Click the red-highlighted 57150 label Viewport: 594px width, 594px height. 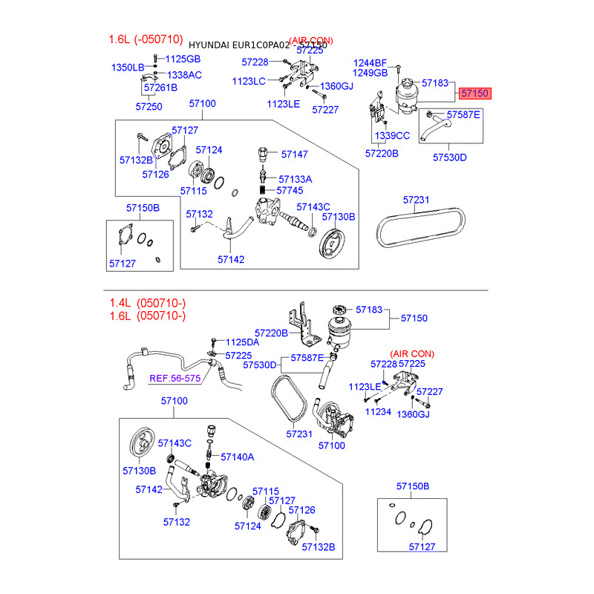coord(474,94)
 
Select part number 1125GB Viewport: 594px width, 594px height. coord(183,59)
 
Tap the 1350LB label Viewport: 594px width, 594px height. coord(128,68)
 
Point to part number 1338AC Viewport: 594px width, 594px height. coord(184,75)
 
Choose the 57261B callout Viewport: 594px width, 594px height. coord(161,88)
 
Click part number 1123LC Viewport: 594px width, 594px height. coord(249,81)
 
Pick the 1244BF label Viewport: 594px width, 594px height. coord(371,62)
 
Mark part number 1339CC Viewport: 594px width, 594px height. coord(392,136)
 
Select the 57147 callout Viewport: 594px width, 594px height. coord(294,154)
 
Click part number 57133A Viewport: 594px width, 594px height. coord(296,179)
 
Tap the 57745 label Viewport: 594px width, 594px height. coord(290,191)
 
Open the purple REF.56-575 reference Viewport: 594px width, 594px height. coord(176,378)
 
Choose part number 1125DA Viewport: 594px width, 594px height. coord(242,342)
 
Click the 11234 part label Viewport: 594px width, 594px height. coord(379,411)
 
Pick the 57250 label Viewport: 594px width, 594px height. coord(148,107)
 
